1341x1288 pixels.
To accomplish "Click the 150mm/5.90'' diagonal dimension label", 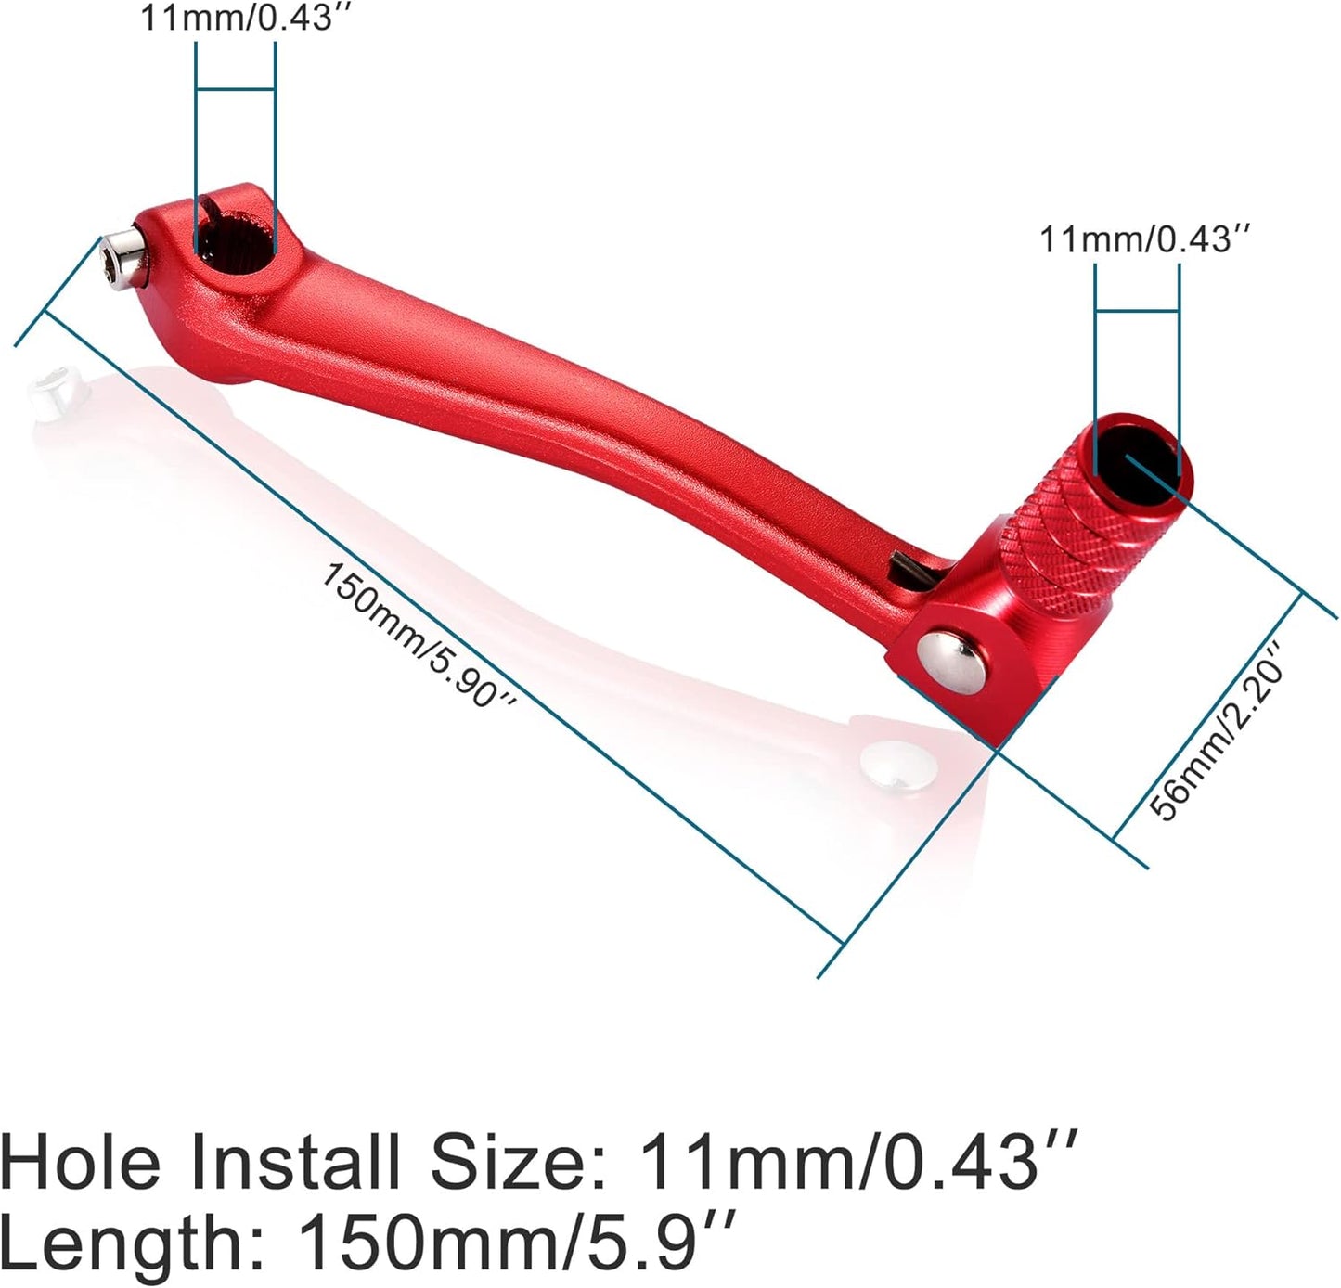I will click(x=417, y=635).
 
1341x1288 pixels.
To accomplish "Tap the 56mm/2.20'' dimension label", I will click(x=1218, y=733).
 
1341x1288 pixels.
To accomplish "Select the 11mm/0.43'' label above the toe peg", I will click(x=1145, y=239).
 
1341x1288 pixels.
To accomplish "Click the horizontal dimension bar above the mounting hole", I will click(x=236, y=89).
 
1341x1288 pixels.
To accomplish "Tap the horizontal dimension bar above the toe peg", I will click(x=1137, y=312).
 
